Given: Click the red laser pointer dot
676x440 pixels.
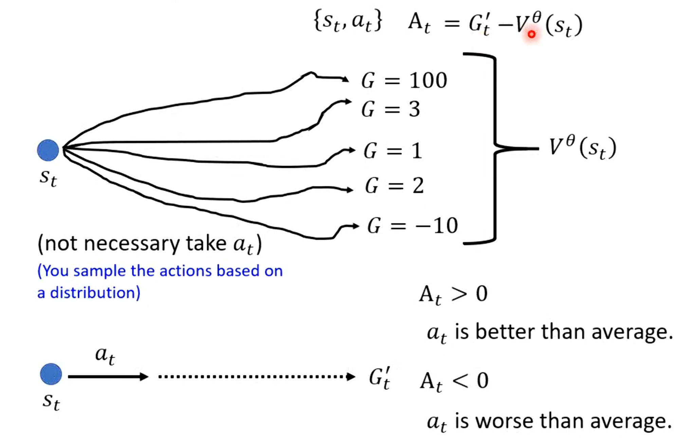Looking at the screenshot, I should (531, 34).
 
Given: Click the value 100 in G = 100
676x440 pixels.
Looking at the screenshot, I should (428, 81).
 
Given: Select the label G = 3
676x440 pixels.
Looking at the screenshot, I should (390, 109).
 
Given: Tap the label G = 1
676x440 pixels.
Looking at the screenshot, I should (392, 151).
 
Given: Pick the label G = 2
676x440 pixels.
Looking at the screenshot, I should (394, 186).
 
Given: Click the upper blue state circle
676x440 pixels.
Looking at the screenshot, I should (48, 150).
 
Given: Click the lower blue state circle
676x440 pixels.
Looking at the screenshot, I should (51, 374).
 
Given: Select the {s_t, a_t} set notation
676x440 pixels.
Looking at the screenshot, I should (348, 22).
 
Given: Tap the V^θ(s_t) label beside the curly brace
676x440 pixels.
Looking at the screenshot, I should (582, 148).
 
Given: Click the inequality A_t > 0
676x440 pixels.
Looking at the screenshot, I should (453, 294).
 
